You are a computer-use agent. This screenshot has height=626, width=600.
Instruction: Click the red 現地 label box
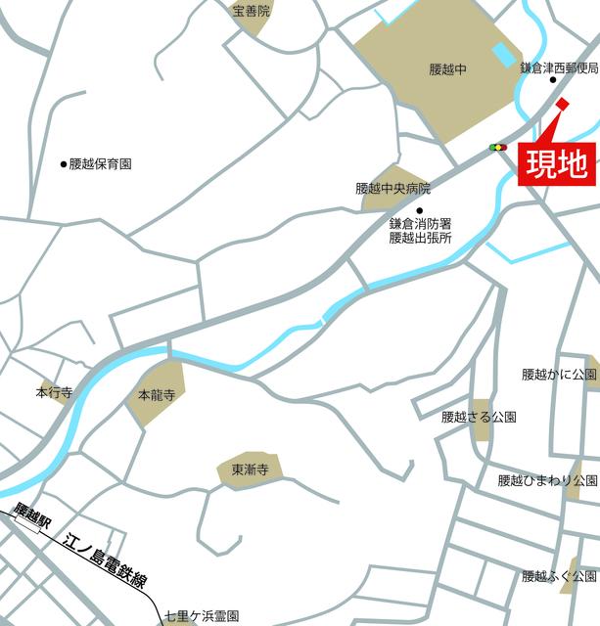pyautogui.click(x=554, y=163)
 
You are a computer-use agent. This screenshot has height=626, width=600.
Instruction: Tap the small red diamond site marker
pyautogui.click(x=562, y=105)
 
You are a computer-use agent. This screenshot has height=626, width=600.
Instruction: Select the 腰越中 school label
pyautogui.click(x=448, y=69)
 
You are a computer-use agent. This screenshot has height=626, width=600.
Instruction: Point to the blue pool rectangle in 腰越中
pyautogui.click(x=503, y=54)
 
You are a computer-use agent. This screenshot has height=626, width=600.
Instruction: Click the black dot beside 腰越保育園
pyautogui.click(x=64, y=164)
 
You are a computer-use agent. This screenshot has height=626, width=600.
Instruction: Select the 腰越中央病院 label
pyautogui.click(x=392, y=188)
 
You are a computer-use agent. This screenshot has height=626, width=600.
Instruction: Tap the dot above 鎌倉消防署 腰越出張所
pyautogui.click(x=420, y=210)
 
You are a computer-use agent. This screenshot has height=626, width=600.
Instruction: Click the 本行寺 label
pyautogui.click(x=54, y=393)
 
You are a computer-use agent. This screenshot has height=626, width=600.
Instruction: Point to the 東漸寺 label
pyautogui.click(x=250, y=469)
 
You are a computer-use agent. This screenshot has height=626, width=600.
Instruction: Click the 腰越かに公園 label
pyautogui.click(x=559, y=375)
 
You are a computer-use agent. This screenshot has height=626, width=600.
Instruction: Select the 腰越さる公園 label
pyautogui.click(x=480, y=417)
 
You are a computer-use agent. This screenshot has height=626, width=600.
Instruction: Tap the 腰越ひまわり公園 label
pyautogui.click(x=547, y=480)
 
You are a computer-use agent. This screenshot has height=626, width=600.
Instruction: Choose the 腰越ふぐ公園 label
pyautogui.click(x=559, y=576)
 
